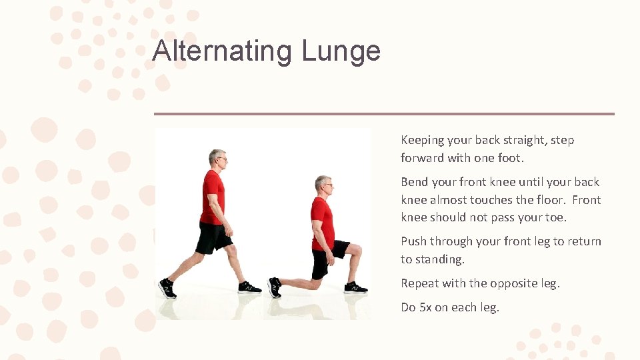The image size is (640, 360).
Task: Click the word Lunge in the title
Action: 341,51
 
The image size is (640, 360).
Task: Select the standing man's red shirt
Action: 213,197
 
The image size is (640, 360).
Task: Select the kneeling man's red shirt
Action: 323,223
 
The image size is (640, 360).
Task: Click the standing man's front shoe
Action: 249,287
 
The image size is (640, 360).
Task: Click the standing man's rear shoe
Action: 167,288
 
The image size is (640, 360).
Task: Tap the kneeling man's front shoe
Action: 355,287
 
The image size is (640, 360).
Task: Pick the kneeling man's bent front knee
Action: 356,251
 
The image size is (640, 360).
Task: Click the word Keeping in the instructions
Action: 422,140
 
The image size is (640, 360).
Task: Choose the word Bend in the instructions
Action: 414,182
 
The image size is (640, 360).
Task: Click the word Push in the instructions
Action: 413,241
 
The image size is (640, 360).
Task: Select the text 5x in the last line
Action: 425,307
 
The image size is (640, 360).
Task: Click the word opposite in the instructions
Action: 514,283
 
